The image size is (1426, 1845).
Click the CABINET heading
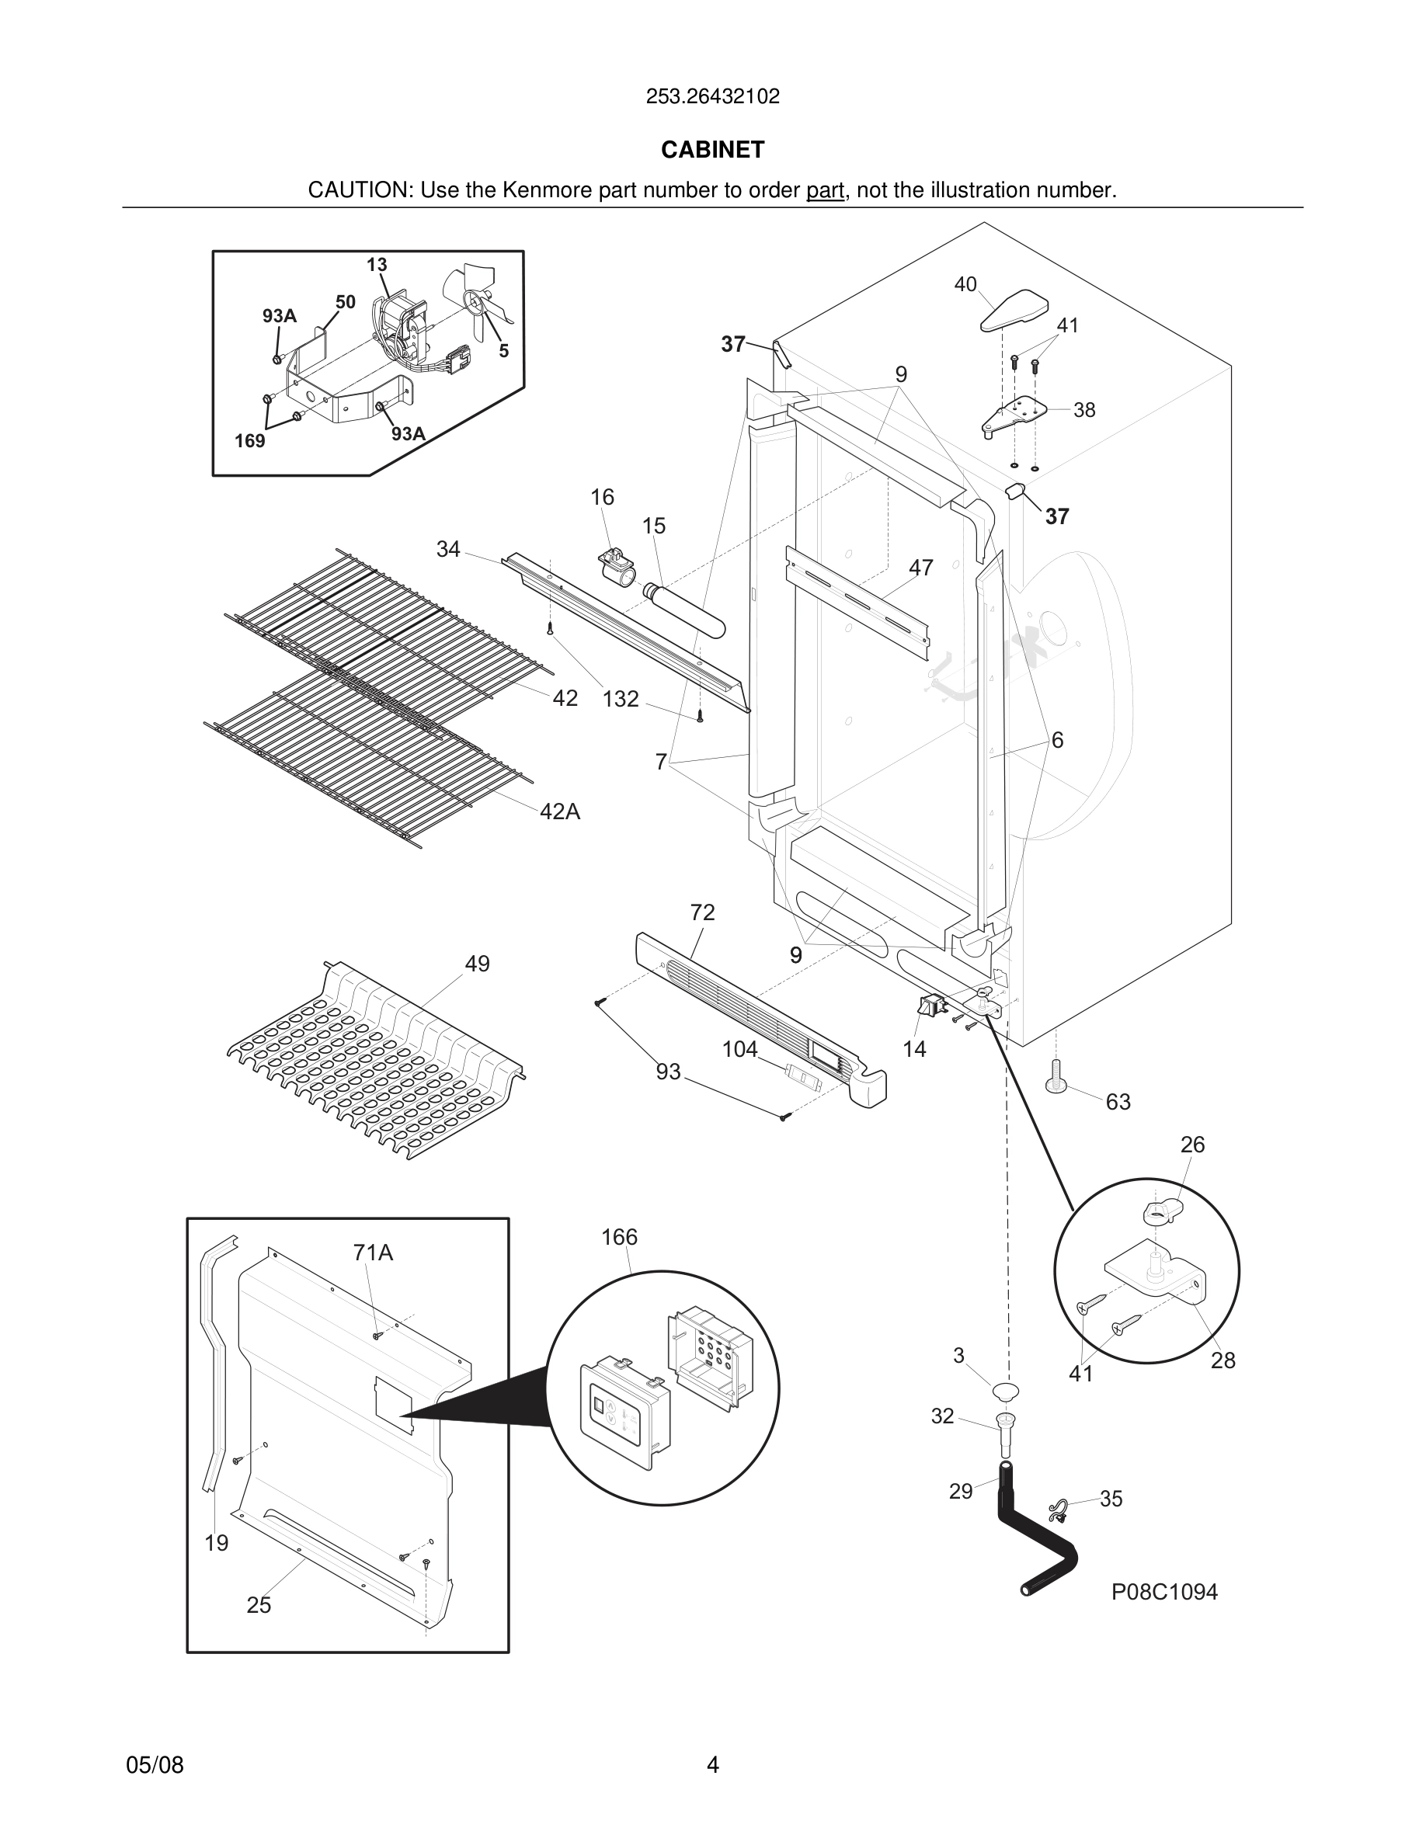click(712, 150)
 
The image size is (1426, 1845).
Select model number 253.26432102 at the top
click(712, 96)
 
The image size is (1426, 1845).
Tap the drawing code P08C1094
click(1163, 1592)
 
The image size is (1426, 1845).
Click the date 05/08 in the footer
click(155, 1765)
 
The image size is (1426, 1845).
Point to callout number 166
click(618, 1237)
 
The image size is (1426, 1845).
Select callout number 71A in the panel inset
click(373, 1253)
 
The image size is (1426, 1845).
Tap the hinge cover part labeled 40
click(1014, 311)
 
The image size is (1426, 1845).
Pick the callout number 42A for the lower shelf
click(559, 811)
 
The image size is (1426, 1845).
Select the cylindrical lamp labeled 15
click(684, 609)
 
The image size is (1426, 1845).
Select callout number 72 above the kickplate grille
click(702, 912)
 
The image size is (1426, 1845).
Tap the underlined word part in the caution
click(825, 190)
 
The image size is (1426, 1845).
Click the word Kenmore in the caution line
click(548, 190)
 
